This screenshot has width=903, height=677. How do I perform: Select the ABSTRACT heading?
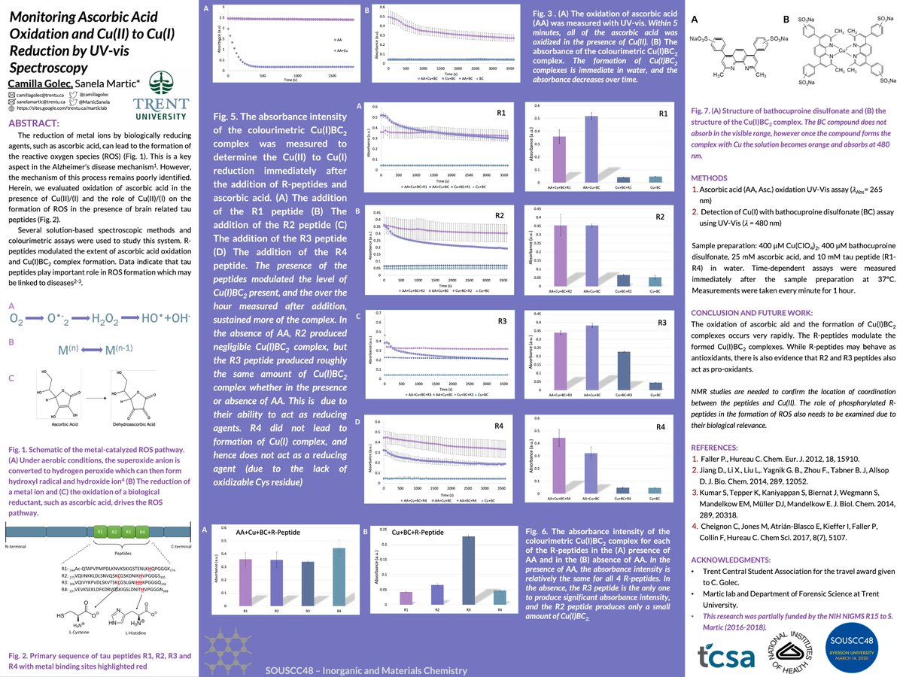click(x=37, y=123)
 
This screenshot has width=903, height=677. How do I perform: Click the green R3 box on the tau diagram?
click(x=127, y=530)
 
